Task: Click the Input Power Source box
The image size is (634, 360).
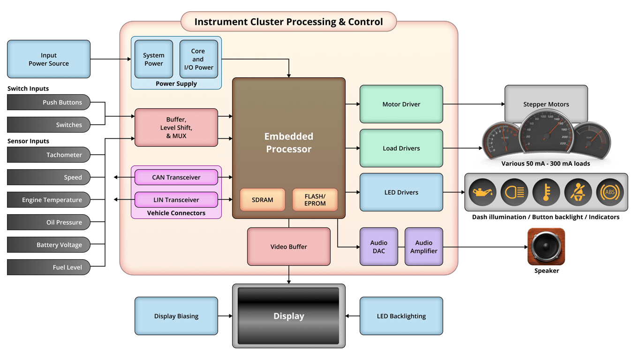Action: (48, 59)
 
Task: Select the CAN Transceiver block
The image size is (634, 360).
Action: (176, 177)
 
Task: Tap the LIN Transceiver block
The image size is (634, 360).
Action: (176, 200)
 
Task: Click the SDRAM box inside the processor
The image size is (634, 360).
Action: (262, 200)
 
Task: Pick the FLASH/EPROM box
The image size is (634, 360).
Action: (315, 200)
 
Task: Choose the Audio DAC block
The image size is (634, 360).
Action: (378, 247)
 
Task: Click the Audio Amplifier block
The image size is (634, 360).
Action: (423, 247)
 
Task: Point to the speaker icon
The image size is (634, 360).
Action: (546, 247)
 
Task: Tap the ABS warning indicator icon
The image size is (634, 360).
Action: (610, 192)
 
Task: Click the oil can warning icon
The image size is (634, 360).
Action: (482, 192)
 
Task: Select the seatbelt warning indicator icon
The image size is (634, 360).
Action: (578, 192)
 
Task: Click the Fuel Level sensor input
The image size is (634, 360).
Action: (48, 267)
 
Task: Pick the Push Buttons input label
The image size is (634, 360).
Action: (48, 102)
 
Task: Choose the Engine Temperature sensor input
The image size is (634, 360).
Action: (48, 200)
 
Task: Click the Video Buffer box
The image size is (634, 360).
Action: (288, 247)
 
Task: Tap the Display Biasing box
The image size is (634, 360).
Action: (176, 316)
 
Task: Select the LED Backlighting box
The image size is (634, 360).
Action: (401, 316)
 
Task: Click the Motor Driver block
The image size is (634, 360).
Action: (401, 104)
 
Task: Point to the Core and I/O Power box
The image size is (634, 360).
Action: (198, 59)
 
